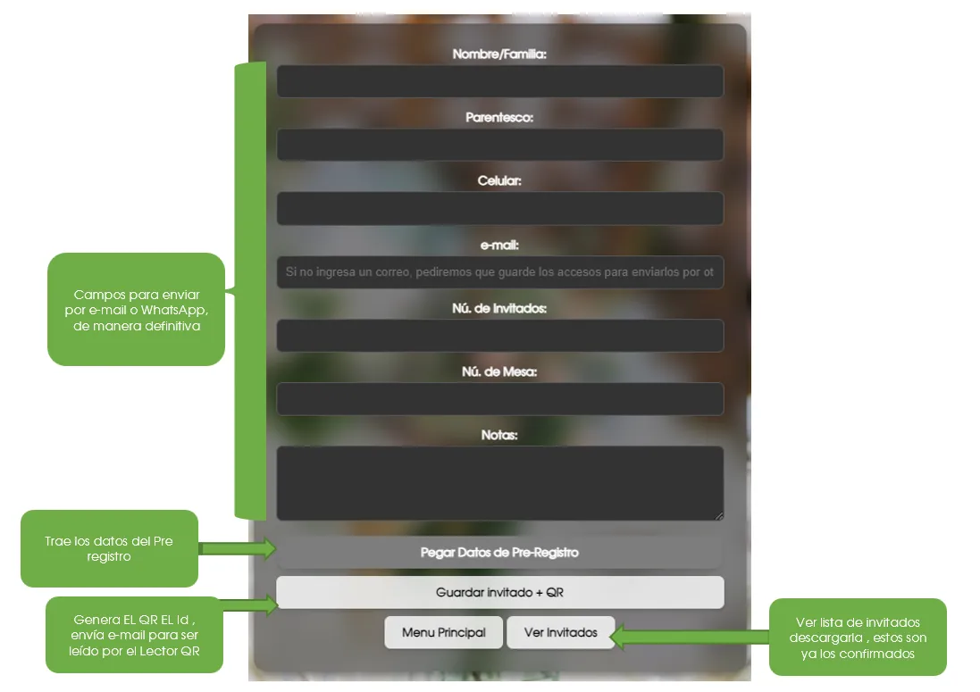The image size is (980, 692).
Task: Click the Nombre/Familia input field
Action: click(x=500, y=81)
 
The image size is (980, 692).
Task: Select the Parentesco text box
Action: click(x=500, y=145)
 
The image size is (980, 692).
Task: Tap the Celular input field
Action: click(x=500, y=209)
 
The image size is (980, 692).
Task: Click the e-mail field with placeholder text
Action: click(x=500, y=272)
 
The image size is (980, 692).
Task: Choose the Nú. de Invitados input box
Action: click(x=500, y=336)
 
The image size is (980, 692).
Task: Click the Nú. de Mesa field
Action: click(x=500, y=399)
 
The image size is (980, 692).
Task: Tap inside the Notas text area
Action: click(x=500, y=483)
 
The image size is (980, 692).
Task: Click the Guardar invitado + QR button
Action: click(x=500, y=592)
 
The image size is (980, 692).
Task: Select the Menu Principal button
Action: click(x=444, y=633)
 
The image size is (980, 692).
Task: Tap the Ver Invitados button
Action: click(x=561, y=633)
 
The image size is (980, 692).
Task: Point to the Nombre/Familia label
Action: click(x=499, y=54)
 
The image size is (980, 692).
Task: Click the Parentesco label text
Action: click(x=499, y=117)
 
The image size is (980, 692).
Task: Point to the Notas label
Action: click(x=499, y=435)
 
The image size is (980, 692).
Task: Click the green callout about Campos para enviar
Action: click(x=137, y=310)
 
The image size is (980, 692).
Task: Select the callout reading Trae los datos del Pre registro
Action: click(x=109, y=548)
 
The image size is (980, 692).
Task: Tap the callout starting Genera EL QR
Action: click(x=134, y=635)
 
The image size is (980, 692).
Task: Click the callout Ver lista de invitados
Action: click(x=858, y=637)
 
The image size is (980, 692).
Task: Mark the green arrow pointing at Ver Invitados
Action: click(x=690, y=637)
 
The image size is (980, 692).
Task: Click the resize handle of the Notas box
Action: click(x=719, y=516)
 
